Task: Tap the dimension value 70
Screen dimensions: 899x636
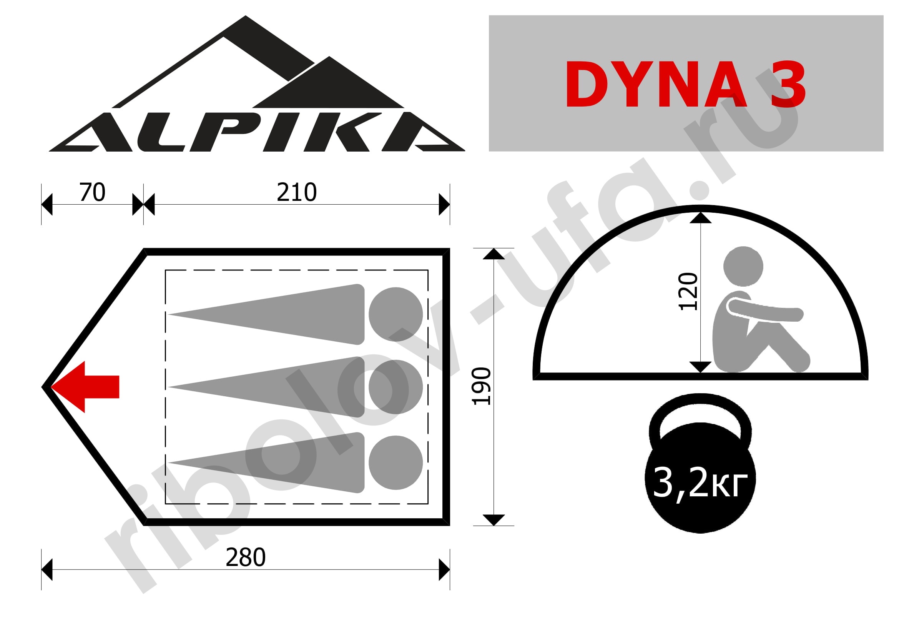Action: (x=92, y=192)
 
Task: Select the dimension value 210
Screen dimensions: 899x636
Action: (x=296, y=192)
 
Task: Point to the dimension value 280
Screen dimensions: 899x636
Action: (x=246, y=557)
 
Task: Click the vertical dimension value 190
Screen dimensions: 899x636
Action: (x=481, y=386)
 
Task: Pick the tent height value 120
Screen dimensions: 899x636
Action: (x=688, y=292)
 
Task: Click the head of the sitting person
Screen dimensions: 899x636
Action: (x=743, y=266)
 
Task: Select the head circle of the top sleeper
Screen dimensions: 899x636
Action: (x=396, y=314)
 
